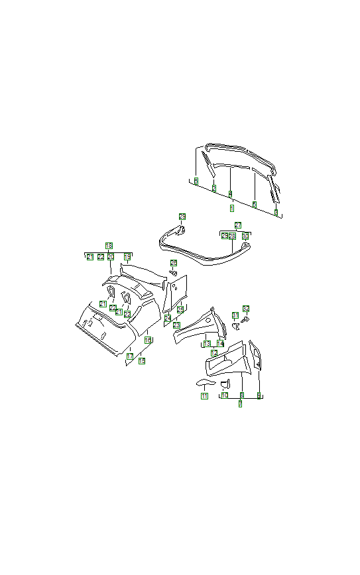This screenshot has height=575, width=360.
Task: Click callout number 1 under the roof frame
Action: (x=231, y=208)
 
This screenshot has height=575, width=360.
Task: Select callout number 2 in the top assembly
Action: (x=213, y=189)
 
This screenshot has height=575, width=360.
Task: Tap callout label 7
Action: (x=240, y=403)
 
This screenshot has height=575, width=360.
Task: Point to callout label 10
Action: (x=225, y=395)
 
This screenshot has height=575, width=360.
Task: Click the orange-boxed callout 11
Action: (x=204, y=396)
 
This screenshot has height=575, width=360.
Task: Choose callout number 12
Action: (x=213, y=353)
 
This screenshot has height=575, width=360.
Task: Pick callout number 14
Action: (x=221, y=344)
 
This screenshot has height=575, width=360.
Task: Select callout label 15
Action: (x=141, y=361)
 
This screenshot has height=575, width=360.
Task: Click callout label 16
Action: (x=148, y=340)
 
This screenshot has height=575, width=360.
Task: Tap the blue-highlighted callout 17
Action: (x=130, y=356)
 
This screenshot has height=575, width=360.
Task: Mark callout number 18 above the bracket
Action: (x=109, y=246)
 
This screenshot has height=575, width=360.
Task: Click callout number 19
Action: (x=127, y=256)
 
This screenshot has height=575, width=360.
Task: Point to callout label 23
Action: (x=176, y=325)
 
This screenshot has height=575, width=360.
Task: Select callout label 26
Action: (x=174, y=263)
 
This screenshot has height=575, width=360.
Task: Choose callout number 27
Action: (x=238, y=225)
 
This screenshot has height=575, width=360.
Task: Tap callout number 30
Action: (x=245, y=236)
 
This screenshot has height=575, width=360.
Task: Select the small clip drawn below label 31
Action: (x=235, y=325)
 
